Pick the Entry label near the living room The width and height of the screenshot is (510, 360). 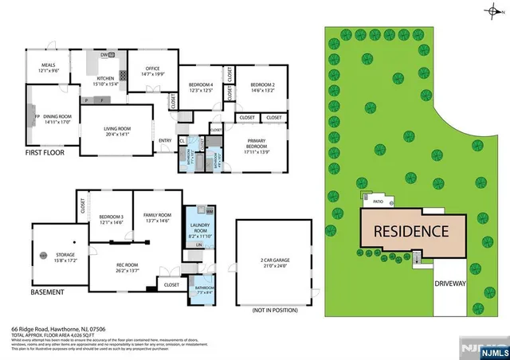[x=165, y=142]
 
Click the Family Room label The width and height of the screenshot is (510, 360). [x=158, y=217]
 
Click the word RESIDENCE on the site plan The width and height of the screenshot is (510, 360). [x=411, y=233]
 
